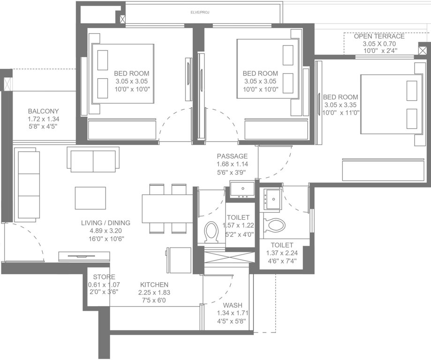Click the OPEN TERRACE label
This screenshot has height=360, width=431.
(x=379, y=36)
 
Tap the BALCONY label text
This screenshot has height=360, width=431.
(x=43, y=111)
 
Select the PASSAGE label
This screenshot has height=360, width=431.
(x=232, y=156)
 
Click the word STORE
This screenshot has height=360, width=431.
(x=104, y=277)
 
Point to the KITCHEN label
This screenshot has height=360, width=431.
(x=153, y=285)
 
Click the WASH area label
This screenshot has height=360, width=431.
(x=232, y=305)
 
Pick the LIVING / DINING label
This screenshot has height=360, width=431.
(x=106, y=223)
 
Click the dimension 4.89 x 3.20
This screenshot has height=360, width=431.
(x=106, y=231)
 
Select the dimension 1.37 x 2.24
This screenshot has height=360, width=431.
(x=282, y=253)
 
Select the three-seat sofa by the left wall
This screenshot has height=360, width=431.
(x=27, y=185)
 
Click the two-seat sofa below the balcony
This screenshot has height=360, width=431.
(x=93, y=160)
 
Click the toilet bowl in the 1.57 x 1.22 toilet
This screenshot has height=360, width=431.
(x=212, y=232)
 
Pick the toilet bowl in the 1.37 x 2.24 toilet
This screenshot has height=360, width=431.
(x=275, y=225)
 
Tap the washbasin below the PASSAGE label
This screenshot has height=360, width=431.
(x=242, y=189)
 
